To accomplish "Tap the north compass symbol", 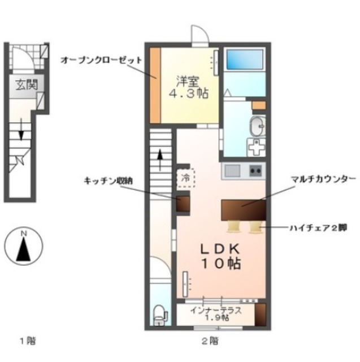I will coord(22,246).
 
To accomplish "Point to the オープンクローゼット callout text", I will coord(101,59).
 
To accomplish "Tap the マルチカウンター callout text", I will coord(323,179).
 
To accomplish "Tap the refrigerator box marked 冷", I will coord(186,178).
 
